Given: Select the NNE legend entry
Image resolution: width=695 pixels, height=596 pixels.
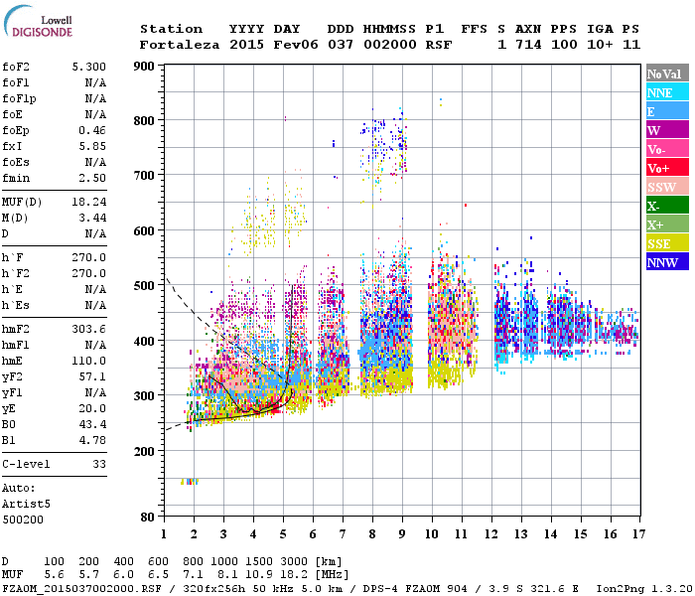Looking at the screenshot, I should click(660, 92).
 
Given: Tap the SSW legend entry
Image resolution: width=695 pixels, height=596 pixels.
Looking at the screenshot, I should click(661, 187).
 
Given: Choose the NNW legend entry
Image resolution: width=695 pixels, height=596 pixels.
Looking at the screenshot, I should click(662, 262).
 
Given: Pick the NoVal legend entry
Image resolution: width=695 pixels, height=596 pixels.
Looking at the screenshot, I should click(663, 74).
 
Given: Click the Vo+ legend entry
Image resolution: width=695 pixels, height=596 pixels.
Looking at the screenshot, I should click(659, 168).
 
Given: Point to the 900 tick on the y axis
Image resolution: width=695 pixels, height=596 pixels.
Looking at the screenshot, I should click(144, 67).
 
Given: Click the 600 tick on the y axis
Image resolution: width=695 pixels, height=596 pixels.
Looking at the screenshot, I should click(144, 231).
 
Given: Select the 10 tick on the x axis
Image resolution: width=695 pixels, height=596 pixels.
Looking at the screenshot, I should click(432, 533).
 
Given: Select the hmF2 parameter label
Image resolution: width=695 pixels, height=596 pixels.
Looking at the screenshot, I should click(15, 329).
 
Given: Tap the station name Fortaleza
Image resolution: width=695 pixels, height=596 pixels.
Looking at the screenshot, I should click(180, 45).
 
